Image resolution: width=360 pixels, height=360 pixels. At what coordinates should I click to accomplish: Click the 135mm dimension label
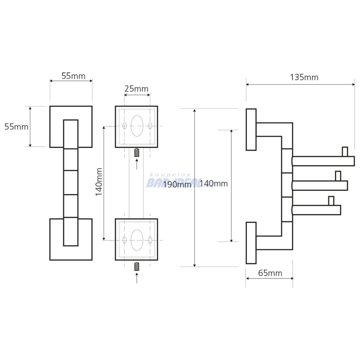pyautogui.click(x=304, y=77)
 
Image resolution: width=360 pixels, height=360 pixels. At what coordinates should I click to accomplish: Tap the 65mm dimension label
pyautogui.click(x=270, y=273)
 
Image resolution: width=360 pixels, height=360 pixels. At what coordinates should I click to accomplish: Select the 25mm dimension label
pyautogui.click(x=136, y=89)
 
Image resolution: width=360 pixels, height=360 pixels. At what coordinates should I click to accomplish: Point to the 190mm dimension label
pyautogui.click(x=177, y=184)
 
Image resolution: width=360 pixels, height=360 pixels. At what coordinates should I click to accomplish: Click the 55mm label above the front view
pyautogui.click(x=73, y=76)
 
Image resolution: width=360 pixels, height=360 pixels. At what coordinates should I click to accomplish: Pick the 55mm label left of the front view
pyautogui.click(x=17, y=127)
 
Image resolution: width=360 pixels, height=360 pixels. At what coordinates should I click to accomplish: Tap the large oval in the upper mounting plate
pyautogui.click(x=137, y=126)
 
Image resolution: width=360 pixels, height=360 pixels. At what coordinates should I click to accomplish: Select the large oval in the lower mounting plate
pyautogui.click(x=137, y=240)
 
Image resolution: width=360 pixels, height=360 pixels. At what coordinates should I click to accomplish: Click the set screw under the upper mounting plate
pyautogui.click(x=137, y=153)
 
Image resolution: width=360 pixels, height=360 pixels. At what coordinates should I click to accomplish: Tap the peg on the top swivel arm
pyautogui.click(x=345, y=152)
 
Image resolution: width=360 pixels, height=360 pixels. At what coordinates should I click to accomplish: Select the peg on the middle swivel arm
pyautogui.click(x=338, y=176)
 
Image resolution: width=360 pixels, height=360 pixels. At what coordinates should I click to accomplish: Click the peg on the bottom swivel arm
pyautogui.click(x=331, y=201)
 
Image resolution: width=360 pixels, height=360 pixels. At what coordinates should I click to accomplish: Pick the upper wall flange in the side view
pyautogui.click(x=251, y=129)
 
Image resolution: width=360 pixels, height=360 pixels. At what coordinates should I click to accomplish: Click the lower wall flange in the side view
pyautogui.click(x=251, y=243)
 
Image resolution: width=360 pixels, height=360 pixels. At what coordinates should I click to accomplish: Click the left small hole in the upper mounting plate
pyautogui.click(x=124, y=126)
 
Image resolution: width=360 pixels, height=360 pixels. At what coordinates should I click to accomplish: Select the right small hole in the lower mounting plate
pyautogui.click(x=150, y=240)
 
